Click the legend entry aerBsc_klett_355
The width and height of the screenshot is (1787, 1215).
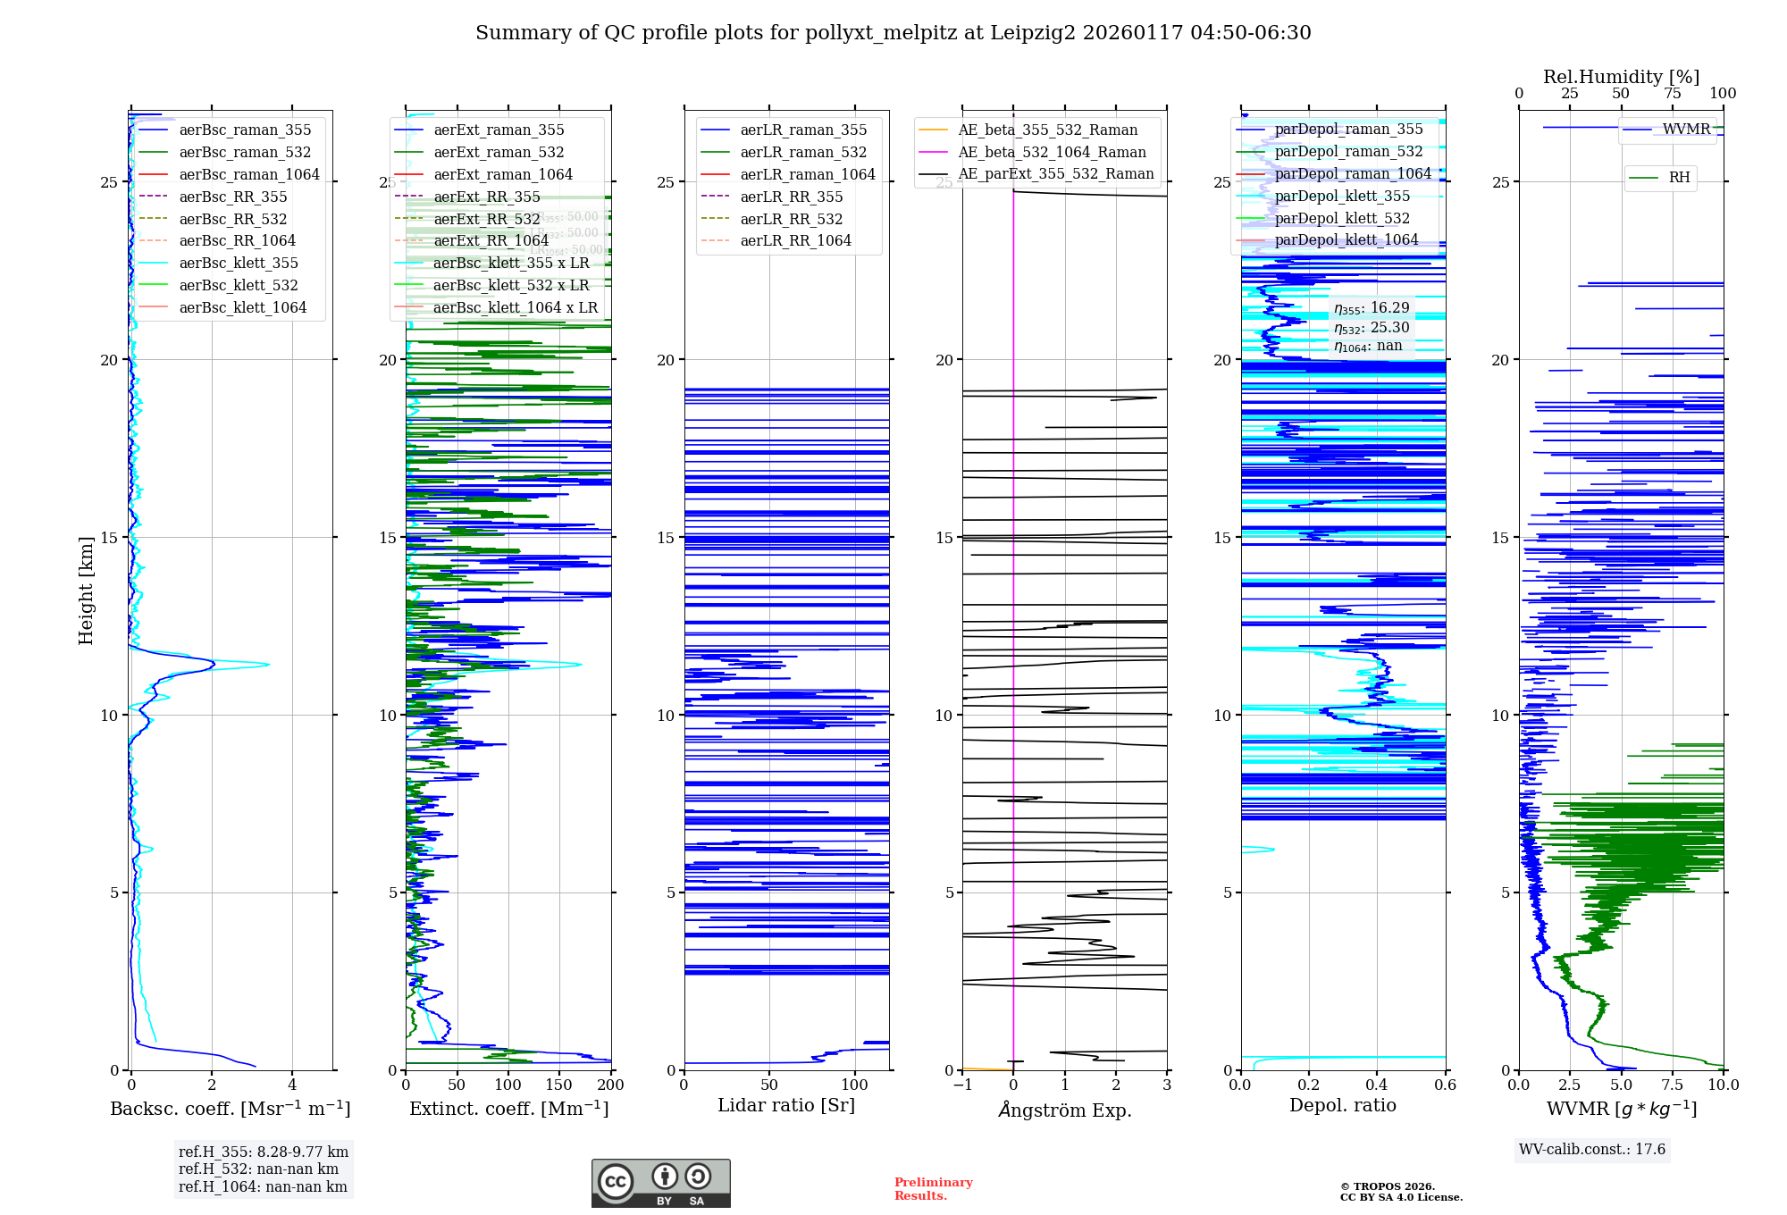click(x=239, y=263)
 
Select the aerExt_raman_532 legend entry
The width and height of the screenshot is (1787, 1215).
click(x=499, y=152)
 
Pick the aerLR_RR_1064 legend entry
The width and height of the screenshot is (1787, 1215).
click(x=795, y=240)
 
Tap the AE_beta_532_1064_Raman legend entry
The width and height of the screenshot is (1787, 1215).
click(x=1052, y=152)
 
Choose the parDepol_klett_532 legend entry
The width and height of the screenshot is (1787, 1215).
click(x=1342, y=218)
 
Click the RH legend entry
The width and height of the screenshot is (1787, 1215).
click(x=1679, y=178)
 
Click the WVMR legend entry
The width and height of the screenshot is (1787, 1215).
click(x=1686, y=130)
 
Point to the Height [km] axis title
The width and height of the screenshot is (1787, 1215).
click(x=86, y=591)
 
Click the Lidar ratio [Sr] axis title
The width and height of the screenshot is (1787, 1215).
click(x=786, y=1105)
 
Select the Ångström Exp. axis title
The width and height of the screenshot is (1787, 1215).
click(x=1064, y=1110)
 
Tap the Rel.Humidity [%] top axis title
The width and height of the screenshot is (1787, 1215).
click(x=1621, y=77)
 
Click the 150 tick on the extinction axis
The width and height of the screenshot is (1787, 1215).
click(x=559, y=1085)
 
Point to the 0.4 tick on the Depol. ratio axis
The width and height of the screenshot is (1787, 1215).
click(x=1377, y=1085)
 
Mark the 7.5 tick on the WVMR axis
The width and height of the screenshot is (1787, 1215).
click(x=1673, y=1085)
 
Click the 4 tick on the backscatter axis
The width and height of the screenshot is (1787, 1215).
click(x=292, y=1085)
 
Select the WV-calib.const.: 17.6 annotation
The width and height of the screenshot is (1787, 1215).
click(x=1592, y=1149)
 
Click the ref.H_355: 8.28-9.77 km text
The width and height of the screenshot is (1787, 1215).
click(x=264, y=1152)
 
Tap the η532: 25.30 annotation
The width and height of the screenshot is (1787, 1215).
click(x=1372, y=327)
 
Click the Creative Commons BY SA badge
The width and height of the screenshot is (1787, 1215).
click(x=660, y=1184)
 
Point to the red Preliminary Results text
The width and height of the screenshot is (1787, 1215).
click(x=933, y=1189)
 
